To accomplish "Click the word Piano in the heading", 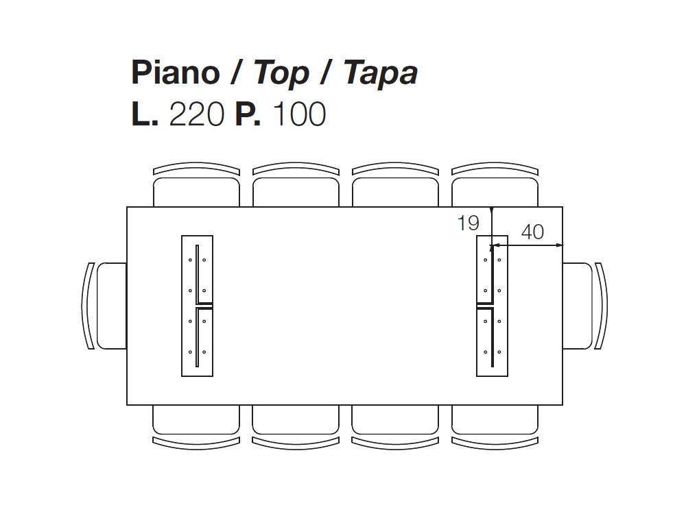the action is pyautogui.click(x=176, y=72).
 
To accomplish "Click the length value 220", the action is pyautogui.click(x=197, y=114).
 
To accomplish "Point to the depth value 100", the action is pyautogui.click(x=300, y=114).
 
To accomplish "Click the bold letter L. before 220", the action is pyautogui.click(x=145, y=114).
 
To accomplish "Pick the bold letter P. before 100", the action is pyautogui.click(x=248, y=114).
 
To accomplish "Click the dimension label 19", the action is pyautogui.click(x=468, y=223).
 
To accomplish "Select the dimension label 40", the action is pyautogui.click(x=532, y=232).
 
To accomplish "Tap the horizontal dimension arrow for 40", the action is pyautogui.click(x=526, y=245).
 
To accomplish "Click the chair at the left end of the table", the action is pyautogui.click(x=104, y=306).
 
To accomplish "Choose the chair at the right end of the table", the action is pyautogui.click(x=585, y=306).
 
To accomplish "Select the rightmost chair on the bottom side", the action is pyautogui.click(x=495, y=426).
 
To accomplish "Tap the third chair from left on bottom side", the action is pyautogui.click(x=395, y=426).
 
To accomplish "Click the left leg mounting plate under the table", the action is pyautogui.click(x=198, y=306).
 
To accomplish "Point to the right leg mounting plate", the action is pyautogui.click(x=492, y=306).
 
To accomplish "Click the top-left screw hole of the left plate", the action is pyautogui.click(x=190, y=260).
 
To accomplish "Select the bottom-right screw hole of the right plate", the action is pyautogui.click(x=499, y=352).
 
